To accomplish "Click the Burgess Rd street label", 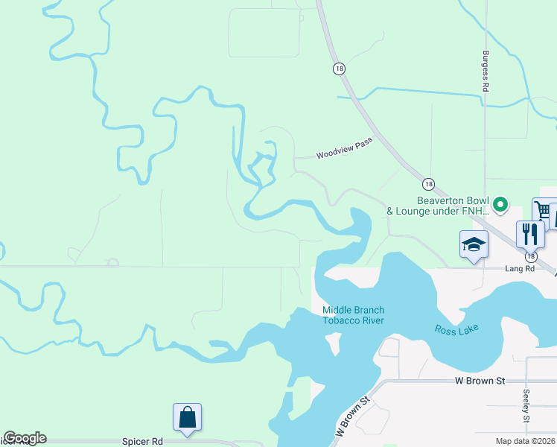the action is pos(485,71).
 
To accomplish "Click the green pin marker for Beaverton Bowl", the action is pos(500,202).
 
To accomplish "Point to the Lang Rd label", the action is pos(520,268).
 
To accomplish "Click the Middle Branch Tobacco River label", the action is pos(353,315).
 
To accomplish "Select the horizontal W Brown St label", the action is pos(480,381).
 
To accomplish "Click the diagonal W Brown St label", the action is pos(352,416).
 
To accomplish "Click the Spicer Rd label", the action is pos(141,441).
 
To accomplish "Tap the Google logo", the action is pos(25,438).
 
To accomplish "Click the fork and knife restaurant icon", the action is pos(530,233).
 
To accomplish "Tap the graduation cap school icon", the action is pos(474,244).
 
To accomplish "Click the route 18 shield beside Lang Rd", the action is pos(529,256).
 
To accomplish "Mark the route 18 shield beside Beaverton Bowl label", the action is pos(427,184).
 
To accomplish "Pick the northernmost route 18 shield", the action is pos(339,68).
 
